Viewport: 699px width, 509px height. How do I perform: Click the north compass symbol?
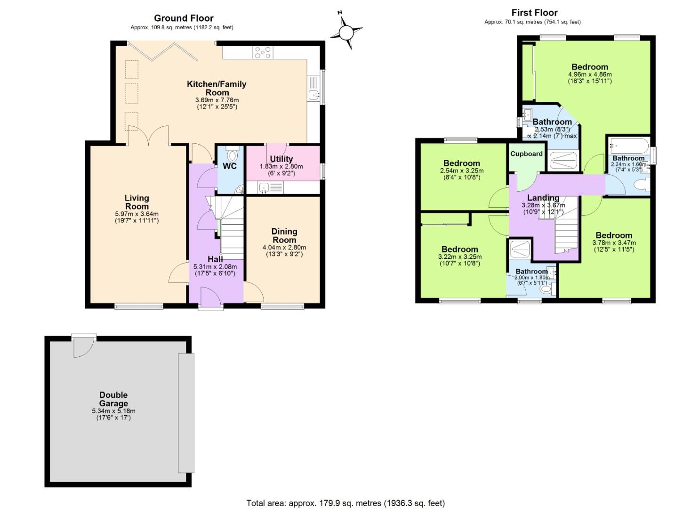tap(346, 32)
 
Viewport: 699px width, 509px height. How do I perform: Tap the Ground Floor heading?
tap(184, 18)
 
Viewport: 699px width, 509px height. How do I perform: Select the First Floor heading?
tap(534, 13)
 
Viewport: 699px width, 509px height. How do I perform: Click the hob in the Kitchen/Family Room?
tap(262, 52)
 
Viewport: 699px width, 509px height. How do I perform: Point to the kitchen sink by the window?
tap(313, 94)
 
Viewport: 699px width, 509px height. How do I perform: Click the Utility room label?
tap(281, 159)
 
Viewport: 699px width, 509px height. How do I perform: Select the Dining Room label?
tap(284, 236)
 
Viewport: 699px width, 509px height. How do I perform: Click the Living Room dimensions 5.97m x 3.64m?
tap(137, 214)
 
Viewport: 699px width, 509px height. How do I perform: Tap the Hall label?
tap(215, 259)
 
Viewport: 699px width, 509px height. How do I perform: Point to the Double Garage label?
tap(113, 399)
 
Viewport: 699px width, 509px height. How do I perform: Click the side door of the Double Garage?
tap(84, 346)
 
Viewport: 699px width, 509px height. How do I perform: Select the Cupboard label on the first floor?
tap(526, 154)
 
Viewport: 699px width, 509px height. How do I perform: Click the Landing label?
tap(543, 198)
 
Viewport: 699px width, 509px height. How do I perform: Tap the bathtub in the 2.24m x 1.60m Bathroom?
tap(628, 145)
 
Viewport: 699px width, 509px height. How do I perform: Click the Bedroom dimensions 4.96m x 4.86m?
tap(590, 74)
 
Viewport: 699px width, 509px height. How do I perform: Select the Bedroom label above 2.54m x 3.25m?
tap(461, 163)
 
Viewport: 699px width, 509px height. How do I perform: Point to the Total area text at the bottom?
tap(345, 503)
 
